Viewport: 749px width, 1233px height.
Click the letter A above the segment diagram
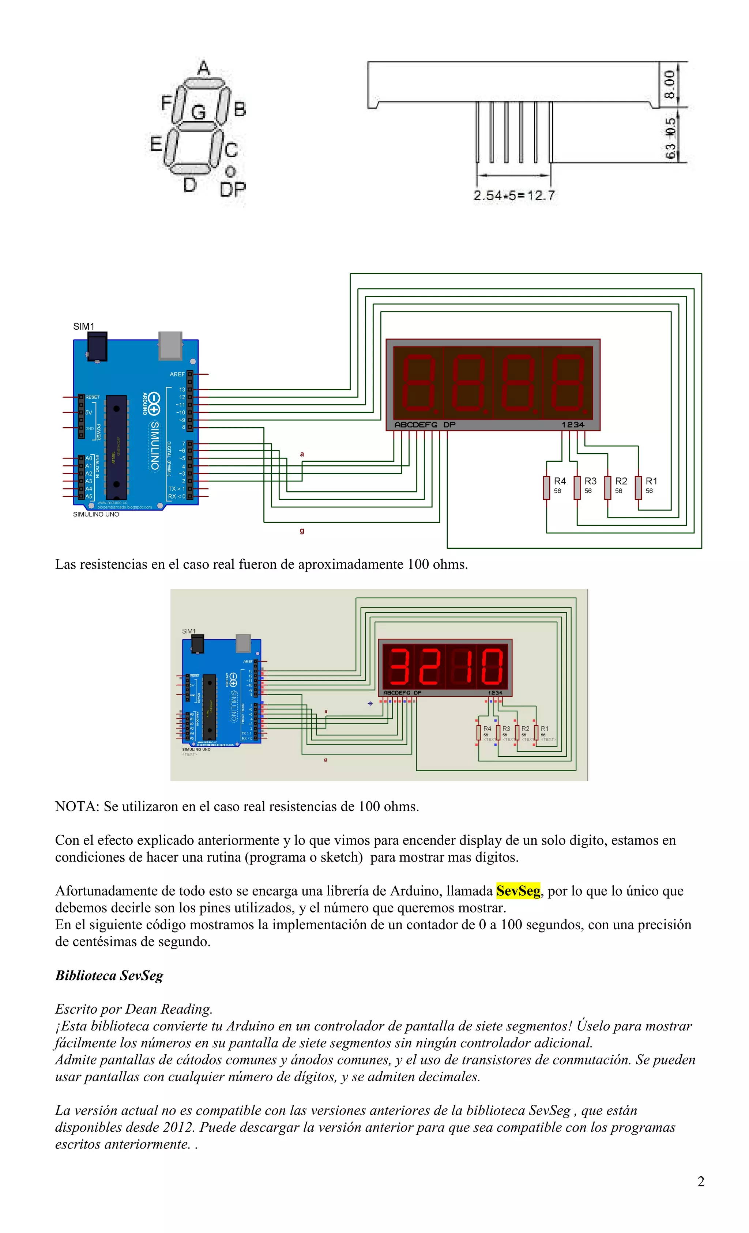[x=203, y=68]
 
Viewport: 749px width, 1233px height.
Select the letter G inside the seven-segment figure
[x=198, y=111]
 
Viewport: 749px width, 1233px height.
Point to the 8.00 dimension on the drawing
[x=669, y=84]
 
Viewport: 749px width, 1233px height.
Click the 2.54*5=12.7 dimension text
[x=514, y=195]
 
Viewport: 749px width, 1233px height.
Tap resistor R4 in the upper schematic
[x=547, y=487]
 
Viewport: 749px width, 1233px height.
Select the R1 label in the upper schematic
[x=651, y=481]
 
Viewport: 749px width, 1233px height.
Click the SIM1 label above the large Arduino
[x=84, y=326]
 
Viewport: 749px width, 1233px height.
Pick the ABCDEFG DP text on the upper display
[x=425, y=424]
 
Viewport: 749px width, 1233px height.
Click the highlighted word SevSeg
[x=518, y=891]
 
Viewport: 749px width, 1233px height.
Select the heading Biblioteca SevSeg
[x=109, y=975]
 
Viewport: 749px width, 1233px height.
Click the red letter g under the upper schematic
[x=302, y=530]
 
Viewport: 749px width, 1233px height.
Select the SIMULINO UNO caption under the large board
[x=96, y=514]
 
